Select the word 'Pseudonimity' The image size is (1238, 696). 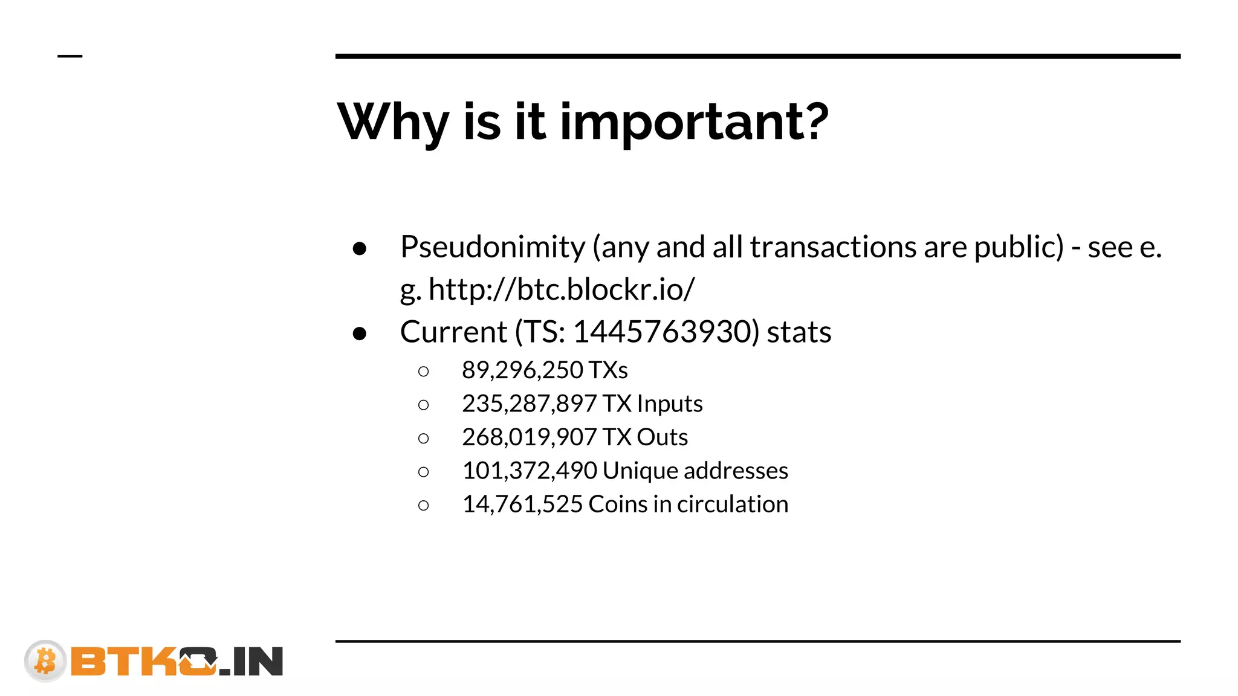[x=493, y=247]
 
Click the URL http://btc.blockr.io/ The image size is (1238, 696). [x=562, y=289]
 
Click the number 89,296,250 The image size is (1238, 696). [x=522, y=370]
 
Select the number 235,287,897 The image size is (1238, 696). [x=529, y=404]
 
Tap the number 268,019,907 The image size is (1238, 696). [x=529, y=437]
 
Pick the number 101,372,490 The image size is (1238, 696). [x=530, y=471]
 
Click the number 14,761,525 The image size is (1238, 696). [x=522, y=504]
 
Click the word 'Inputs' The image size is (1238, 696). [x=670, y=404]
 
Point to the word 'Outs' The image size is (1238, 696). [x=662, y=437]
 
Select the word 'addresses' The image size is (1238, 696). [x=736, y=471]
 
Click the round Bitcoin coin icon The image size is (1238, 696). [x=45, y=660]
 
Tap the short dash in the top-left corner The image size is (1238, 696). [x=70, y=56]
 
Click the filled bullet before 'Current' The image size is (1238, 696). [x=360, y=333]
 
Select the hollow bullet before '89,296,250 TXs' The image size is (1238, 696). [x=424, y=372]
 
